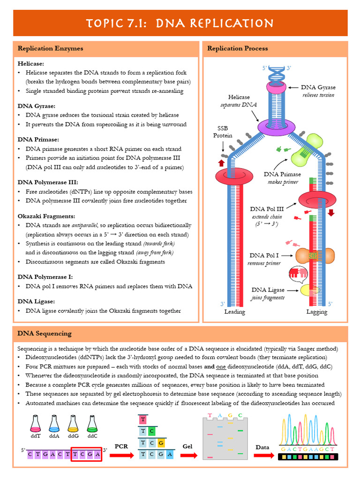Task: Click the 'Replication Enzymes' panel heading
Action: (x=50, y=48)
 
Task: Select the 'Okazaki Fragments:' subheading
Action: (x=46, y=216)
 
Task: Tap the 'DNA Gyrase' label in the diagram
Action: (x=318, y=87)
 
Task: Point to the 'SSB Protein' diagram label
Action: (x=223, y=132)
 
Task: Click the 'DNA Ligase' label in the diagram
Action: (x=268, y=290)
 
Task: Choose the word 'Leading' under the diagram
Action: (x=235, y=312)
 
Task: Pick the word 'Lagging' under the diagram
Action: (x=316, y=312)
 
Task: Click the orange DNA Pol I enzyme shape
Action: (x=315, y=255)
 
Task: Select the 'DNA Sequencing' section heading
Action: (x=45, y=334)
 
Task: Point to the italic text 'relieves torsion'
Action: (x=318, y=95)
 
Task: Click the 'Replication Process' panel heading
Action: (x=238, y=48)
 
